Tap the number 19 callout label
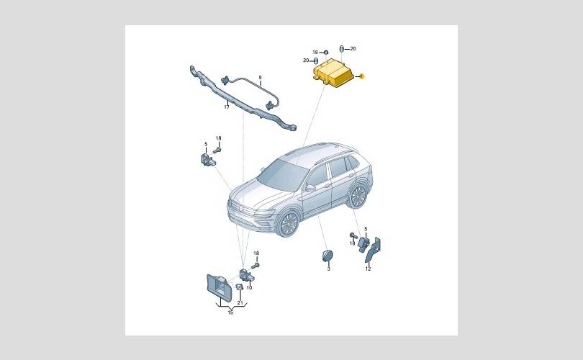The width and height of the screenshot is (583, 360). click(x=315, y=53)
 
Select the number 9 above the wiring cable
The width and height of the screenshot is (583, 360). click(x=261, y=78)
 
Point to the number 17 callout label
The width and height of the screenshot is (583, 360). click(x=227, y=107)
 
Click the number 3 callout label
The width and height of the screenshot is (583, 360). click(x=329, y=269)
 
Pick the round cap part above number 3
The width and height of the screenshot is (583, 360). click(x=327, y=256)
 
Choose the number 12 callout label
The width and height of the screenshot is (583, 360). click(x=368, y=269)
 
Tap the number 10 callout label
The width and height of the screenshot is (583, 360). click(x=249, y=287)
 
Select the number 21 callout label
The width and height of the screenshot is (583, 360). click(x=240, y=302)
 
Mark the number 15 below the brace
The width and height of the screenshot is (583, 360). click(x=230, y=312)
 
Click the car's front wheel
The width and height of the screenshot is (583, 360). click(x=289, y=223)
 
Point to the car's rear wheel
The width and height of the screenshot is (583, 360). click(x=358, y=196)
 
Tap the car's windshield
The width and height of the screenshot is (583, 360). click(x=283, y=174)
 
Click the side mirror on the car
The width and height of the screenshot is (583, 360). click(x=309, y=188)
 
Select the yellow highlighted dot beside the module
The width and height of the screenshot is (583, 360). click(x=362, y=76)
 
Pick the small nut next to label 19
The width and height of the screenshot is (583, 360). click(x=326, y=52)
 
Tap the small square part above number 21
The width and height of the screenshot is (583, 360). click(x=239, y=287)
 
